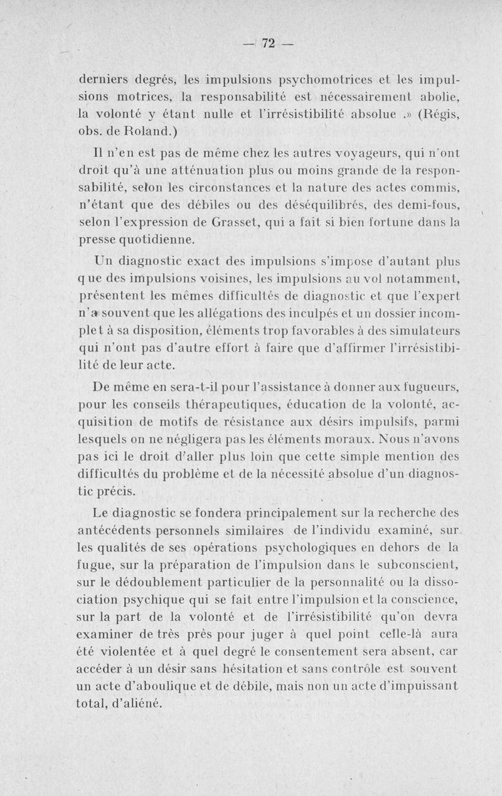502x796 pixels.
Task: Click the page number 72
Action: (x=269, y=43)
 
